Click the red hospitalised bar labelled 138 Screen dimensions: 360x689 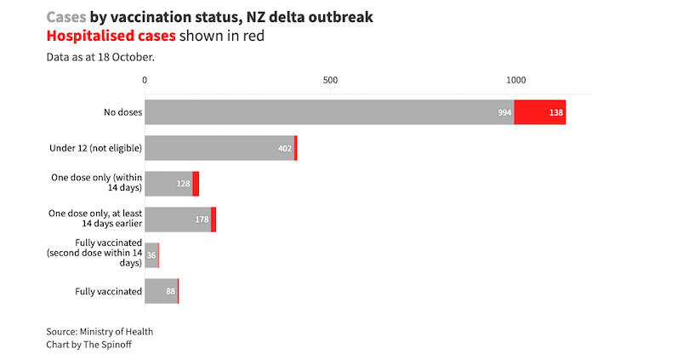pyautogui.click(x=539, y=112)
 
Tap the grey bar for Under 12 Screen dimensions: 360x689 pyautogui.click(x=219, y=148)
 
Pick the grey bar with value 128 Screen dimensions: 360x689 pyautogui.click(x=168, y=184)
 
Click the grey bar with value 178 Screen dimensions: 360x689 pyautogui.click(x=178, y=220)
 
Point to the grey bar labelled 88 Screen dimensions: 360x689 pyautogui.click(x=161, y=291)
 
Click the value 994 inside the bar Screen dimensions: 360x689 pyautogui.click(x=504, y=112)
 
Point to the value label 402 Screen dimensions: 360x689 pyautogui.click(x=284, y=148)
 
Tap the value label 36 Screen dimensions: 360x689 pyautogui.click(x=151, y=255)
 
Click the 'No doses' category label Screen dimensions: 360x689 pyautogui.click(x=122, y=112)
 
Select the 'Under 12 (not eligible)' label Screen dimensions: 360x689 pyautogui.click(x=96, y=148)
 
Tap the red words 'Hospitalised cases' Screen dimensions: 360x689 pyautogui.click(x=111, y=36)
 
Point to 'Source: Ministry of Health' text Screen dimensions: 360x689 pyautogui.click(x=100, y=331)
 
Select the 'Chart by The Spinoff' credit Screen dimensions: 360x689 pyautogui.click(x=88, y=345)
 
